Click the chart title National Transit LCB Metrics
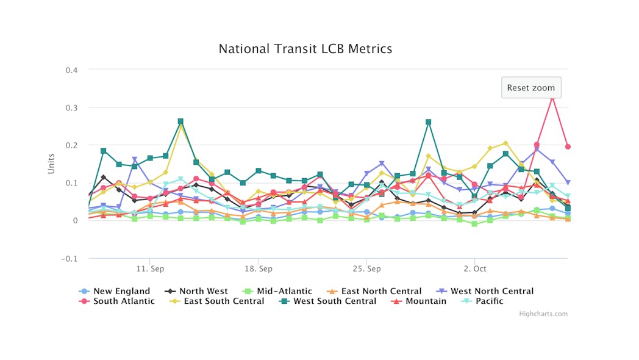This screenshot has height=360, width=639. (x=305, y=49)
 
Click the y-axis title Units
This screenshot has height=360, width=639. (x=51, y=163)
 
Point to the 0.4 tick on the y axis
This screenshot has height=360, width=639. (x=72, y=70)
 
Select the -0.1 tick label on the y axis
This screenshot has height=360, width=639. (x=70, y=258)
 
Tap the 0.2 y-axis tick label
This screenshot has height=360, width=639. (x=72, y=145)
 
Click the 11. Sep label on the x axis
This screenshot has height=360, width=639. (x=150, y=268)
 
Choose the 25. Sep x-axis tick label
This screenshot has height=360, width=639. (x=366, y=268)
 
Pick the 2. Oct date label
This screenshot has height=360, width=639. (x=474, y=268)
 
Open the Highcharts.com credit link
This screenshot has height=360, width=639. (x=543, y=314)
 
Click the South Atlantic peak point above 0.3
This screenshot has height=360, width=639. (x=552, y=96)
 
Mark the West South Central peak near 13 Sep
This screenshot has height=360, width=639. (x=180, y=121)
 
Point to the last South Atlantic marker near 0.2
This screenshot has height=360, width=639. (x=568, y=146)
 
